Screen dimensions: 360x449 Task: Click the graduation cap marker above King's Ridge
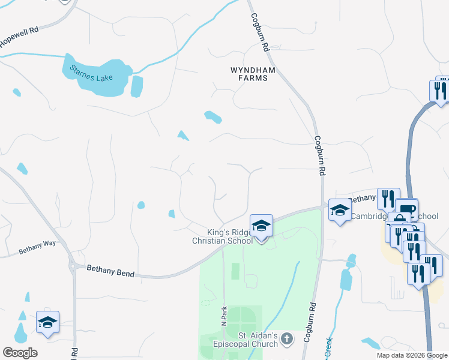[x=261, y=226]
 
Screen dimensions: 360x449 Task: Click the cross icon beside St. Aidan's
[x=287, y=338]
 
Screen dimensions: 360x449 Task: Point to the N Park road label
[x=223, y=317]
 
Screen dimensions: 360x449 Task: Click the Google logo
[x=20, y=353]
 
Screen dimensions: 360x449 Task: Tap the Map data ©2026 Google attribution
[x=412, y=355]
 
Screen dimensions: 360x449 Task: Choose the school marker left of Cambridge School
[x=340, y=211]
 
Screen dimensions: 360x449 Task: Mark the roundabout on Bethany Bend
[x=74, y=266]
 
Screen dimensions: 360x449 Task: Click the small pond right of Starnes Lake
[x=137, y=86]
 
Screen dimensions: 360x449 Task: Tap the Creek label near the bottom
[x=329, y=347]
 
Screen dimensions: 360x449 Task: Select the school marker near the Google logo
[x=47, y=322]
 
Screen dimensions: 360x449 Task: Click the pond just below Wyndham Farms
[x=212, y=116]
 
